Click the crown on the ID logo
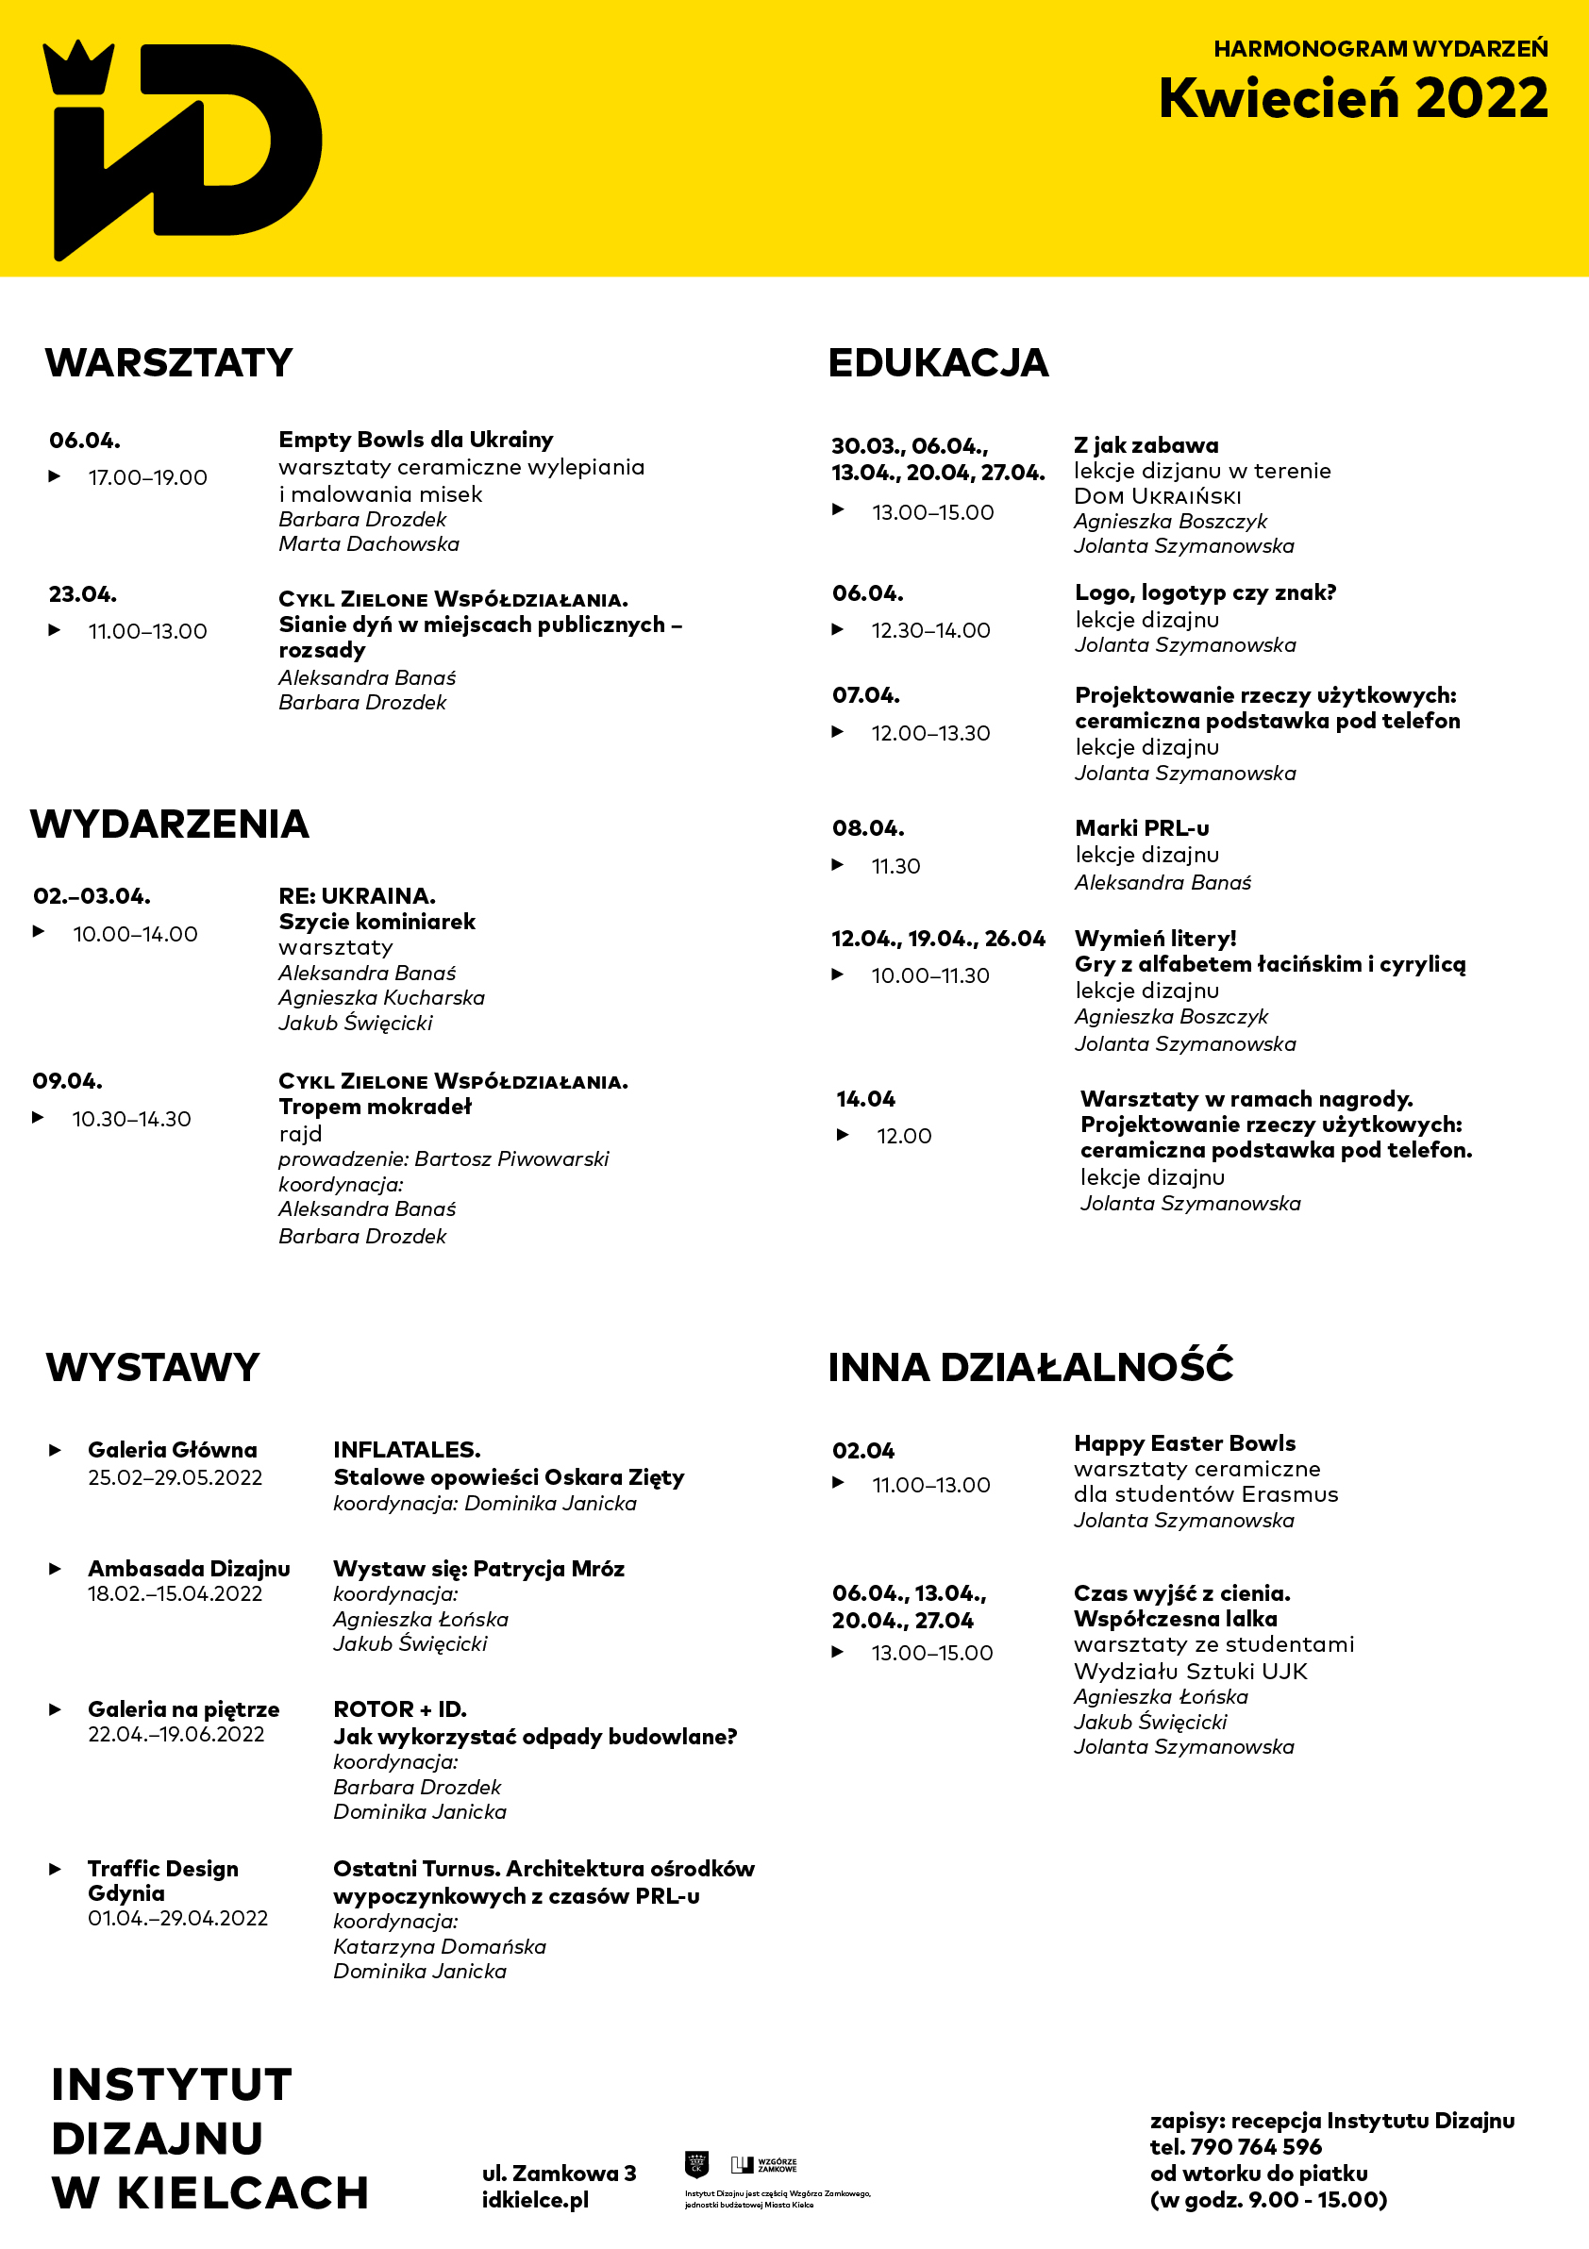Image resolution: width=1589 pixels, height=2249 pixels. (x=77, y=68)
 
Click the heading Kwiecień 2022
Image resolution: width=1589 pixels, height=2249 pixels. (x=1352, y=99)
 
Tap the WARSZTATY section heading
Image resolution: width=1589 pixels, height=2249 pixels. (x=169, y=362)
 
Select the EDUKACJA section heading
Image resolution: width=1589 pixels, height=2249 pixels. (x=938, y=362)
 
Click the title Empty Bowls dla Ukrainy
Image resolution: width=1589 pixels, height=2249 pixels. (x=415, y=439)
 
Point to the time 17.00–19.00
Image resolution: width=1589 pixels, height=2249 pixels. (x=148, y=477)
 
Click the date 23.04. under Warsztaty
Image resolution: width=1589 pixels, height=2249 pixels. (x=83, y=594)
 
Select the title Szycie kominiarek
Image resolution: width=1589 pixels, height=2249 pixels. (x=376, y=921)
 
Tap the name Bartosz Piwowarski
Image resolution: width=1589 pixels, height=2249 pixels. (x=511, y=1158)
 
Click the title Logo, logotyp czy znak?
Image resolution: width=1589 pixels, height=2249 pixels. (x=1205, y=592)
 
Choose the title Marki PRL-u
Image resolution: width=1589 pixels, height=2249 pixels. (x=1142, y=827)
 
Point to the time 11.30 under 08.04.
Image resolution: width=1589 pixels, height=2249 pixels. (x=895, y=866)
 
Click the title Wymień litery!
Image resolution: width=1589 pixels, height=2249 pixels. (x=1155, y=939)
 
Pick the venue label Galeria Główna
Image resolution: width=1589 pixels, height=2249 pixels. (x=173, y=1450)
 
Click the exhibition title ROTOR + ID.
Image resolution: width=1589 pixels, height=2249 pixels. (x=400, y=1709)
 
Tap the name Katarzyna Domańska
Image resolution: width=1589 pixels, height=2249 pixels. (x=439, y=1946)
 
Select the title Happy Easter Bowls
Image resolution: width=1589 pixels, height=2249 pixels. (x=1184, y=1442)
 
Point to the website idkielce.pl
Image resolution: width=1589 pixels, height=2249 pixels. (x=535, y=2199)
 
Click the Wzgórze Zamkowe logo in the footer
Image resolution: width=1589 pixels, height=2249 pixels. (x=764, y=2164)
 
